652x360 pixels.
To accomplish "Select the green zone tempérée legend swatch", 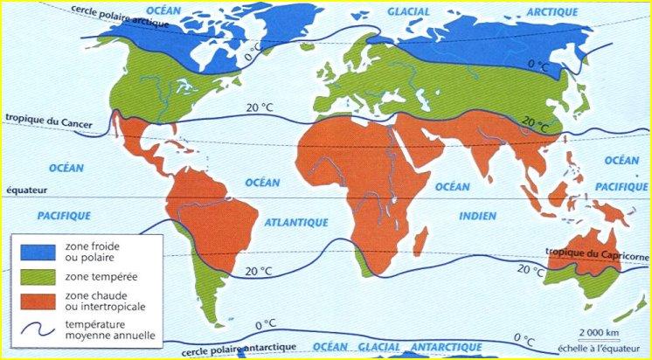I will point(30,276).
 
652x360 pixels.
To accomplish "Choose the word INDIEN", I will point(477,216).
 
